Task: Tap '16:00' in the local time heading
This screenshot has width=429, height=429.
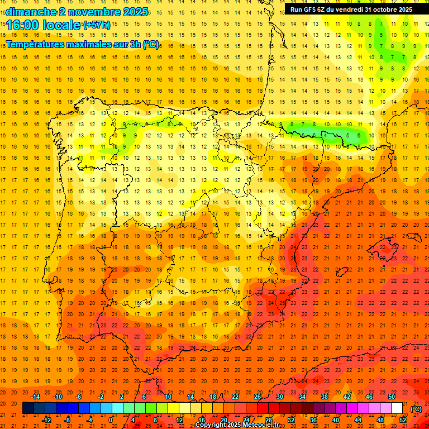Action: [22, 25]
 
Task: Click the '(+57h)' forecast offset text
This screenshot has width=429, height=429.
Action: [96, 25]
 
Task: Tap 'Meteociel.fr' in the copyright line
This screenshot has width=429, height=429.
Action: [261, 425]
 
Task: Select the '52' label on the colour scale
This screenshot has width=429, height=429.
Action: [403, 420]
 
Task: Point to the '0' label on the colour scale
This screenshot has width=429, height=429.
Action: [111, 420]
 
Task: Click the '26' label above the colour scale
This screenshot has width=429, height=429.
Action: [258, 397]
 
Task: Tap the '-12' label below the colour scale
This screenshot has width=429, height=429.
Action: [46, 420]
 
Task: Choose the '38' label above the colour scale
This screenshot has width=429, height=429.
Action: [325, 397]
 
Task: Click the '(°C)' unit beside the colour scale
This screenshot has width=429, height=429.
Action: [416, 408]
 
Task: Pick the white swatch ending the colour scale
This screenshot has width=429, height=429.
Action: [397, 408]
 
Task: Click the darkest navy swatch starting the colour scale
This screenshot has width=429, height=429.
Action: [28, 408]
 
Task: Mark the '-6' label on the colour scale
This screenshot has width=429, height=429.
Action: [79, 397]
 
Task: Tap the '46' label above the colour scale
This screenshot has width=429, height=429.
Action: [369, 397]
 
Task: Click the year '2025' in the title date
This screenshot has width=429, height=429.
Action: [134, 12]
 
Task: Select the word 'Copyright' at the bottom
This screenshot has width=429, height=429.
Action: [212, 425]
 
